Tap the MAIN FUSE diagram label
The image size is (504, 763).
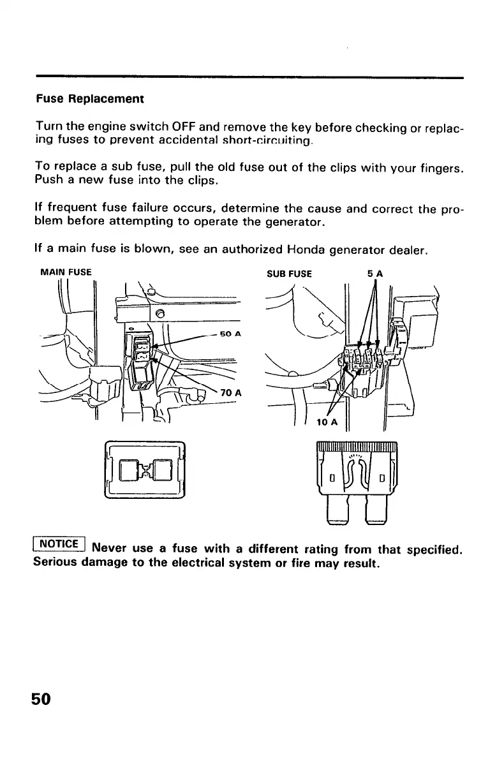pyautogui.click(x=66, y=272)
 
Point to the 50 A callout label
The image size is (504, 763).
pyautogui.click(x=229, y=334)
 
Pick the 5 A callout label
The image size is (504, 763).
pyautogui.click(x=374, y=274)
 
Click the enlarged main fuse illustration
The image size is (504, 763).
pyautogui.click(x=144, y=470)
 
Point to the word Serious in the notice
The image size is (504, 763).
pyautogui.click(x=56, y=565)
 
